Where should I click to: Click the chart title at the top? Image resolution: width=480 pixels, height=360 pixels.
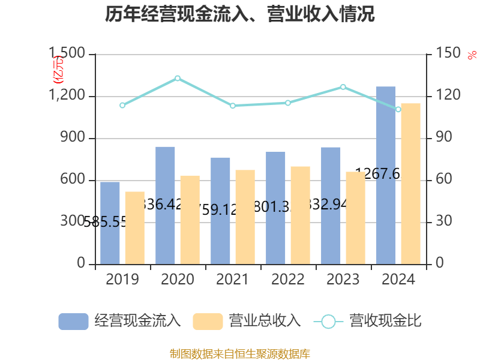(240, 14)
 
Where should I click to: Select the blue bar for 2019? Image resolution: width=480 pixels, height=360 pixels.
(110, 223)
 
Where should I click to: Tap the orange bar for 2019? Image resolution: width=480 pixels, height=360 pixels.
(135, 228)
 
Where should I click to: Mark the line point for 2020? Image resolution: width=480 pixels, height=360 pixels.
(178, 78)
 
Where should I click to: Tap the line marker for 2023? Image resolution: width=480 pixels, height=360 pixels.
(343, 87)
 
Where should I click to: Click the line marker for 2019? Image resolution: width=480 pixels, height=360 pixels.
(122, 105)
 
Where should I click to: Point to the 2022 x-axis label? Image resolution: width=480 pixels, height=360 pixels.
(288, 279)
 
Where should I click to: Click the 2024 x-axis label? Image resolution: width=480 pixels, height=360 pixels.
(398, 279)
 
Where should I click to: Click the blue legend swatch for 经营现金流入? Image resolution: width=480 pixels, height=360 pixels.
(73, 321)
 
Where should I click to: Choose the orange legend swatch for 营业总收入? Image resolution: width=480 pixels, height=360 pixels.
(208, 321)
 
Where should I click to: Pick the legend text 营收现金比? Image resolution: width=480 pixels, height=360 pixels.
(385, 321)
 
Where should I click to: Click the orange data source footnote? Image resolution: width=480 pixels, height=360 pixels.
(240, 353)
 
